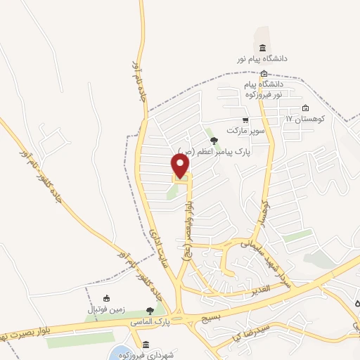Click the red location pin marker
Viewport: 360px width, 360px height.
coord(181,166)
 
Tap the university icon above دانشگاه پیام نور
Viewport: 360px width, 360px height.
coord(262,48)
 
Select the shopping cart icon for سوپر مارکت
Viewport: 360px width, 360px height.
coord(245,120)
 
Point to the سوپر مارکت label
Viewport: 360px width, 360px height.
coord(244,131)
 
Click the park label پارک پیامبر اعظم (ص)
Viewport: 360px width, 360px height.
coord(214,150)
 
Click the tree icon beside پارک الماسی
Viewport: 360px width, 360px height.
coord(148,310)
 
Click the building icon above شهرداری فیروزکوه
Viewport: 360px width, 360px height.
coord(146,344)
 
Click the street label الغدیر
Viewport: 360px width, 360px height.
coord(259,290)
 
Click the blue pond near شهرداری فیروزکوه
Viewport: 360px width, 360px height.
coord(120,353)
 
